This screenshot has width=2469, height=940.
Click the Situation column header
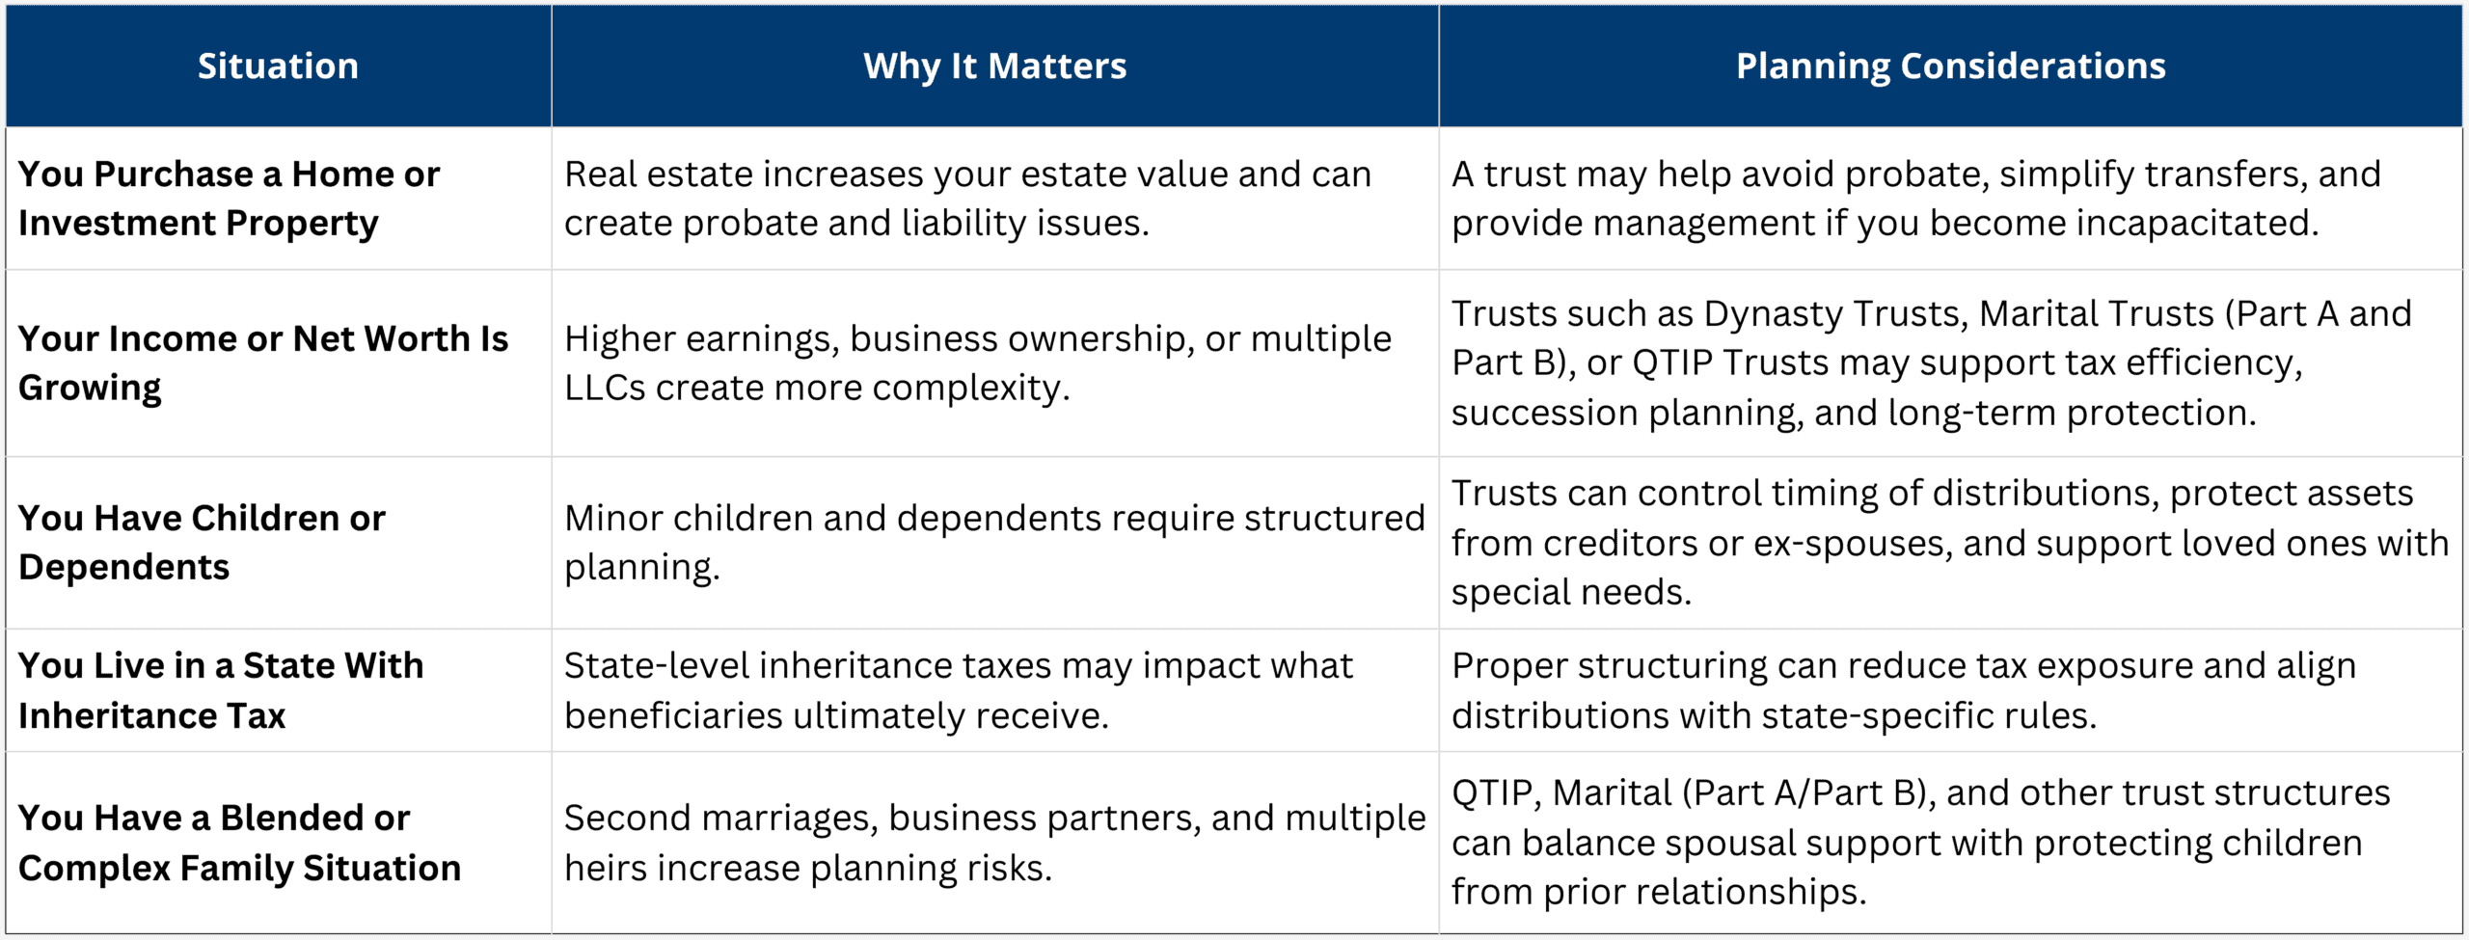(x=278, y=66)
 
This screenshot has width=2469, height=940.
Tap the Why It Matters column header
(x=994, y=66)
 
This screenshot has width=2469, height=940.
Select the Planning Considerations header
(x=1950, y=66)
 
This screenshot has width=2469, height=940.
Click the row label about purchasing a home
(x=229, y=198)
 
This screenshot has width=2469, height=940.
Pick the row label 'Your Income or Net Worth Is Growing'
(x=262, y=363)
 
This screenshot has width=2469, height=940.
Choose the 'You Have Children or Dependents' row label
(x=202, y=542)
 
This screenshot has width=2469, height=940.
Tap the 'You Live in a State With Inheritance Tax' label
(x=220, y=690)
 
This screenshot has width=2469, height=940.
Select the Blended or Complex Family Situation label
(x=239, y=843)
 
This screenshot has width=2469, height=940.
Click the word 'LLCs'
(x=605, y=388)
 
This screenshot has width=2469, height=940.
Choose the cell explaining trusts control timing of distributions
(x=1950, y=542)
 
